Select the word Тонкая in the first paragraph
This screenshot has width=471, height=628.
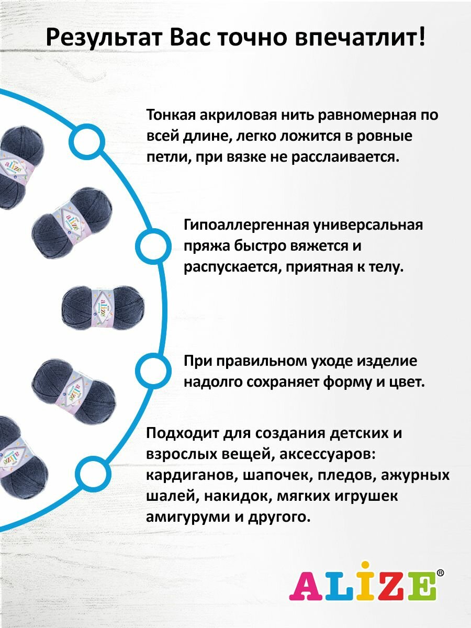[171, 115]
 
